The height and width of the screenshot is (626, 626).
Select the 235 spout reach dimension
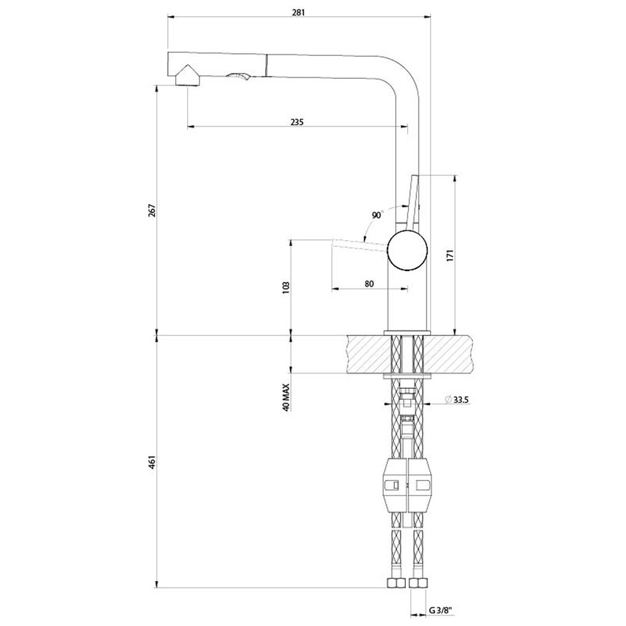[x=297, y=122]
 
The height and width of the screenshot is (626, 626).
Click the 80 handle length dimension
[x=369, y=283]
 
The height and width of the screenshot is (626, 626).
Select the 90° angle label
[x=378, y=215]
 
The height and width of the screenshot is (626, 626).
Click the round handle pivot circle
[x=407, y=249]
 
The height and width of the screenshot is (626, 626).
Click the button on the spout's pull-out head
[x=240, y=77]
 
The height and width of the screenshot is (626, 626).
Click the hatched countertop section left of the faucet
[x=365, y=354]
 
